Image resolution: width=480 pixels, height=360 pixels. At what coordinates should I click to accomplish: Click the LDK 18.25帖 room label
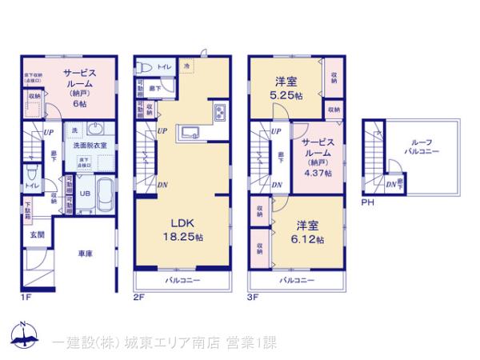tap(184, 230)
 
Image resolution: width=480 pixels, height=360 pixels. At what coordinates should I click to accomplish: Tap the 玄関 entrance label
tap(38, 234)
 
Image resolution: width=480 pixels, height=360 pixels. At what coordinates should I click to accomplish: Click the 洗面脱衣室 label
tap(89, 146)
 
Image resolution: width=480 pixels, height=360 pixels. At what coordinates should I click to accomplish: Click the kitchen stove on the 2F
tap(220, 113)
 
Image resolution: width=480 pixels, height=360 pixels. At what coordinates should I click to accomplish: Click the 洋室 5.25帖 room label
tap(287, 87)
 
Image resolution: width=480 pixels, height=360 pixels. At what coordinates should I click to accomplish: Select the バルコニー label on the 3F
tap(296, 281)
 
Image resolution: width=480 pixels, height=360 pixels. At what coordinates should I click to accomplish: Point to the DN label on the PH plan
tap(390, 185)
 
